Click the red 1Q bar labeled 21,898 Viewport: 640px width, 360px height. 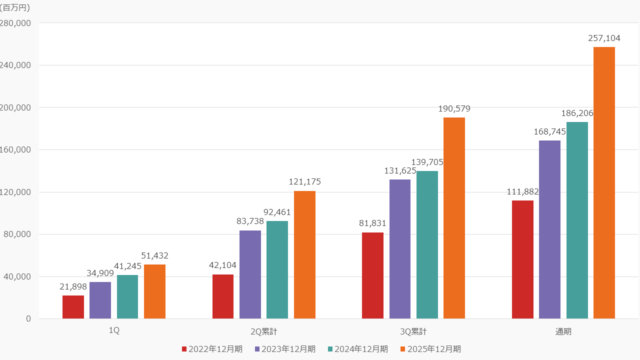point(73,307)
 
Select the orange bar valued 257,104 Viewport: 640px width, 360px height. point(604,182)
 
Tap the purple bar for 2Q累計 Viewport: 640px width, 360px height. point(250,274)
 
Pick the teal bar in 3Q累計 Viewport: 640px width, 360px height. point(427,244)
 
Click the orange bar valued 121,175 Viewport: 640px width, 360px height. point(304,254)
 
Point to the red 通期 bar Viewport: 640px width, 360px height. point(522,259)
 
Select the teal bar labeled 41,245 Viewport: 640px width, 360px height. point(127,296)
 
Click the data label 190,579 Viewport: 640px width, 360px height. point(454,108)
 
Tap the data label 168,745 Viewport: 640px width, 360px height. point(549,131)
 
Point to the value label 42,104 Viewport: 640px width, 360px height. point(222,265)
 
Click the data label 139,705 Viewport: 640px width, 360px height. point(427,162)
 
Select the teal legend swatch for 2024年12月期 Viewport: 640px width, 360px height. point(331,349)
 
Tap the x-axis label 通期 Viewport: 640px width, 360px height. point(563,331)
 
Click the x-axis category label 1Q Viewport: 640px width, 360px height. point(114,331)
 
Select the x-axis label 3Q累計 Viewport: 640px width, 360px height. point(413,331)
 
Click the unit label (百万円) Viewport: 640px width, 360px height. point(15,7)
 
